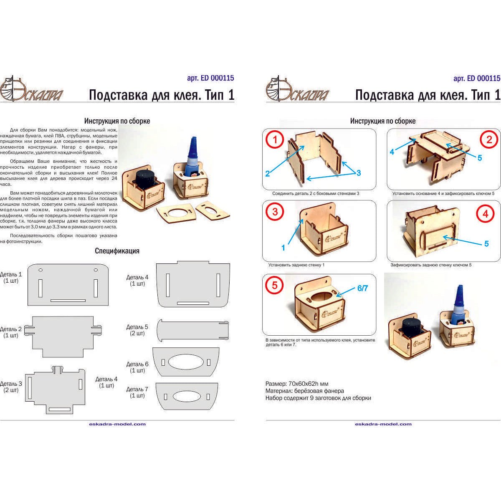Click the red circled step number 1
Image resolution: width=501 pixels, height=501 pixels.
[x=275, y=140]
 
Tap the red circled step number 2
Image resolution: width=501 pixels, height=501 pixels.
[x=489, y=140]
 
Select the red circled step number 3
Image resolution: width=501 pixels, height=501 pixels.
[x=275, y=212]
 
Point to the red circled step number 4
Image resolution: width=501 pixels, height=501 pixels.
[x=485, y=214]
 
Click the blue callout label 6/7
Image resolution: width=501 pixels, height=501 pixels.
[x=362, y=288]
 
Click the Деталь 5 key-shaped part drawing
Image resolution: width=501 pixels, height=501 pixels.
[x=192, y=331]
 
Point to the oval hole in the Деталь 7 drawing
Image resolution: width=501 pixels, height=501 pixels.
[x=187, y=396]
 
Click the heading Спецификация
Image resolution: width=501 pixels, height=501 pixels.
[x=117, y=251]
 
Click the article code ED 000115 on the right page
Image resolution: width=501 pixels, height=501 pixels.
[x=476, y=78]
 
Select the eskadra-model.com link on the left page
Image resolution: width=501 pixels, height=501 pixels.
[x=117, y=424]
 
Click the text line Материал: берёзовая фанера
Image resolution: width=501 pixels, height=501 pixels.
[x=305, y=391]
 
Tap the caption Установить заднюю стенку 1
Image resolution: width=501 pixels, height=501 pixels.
[x=296, y=265]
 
